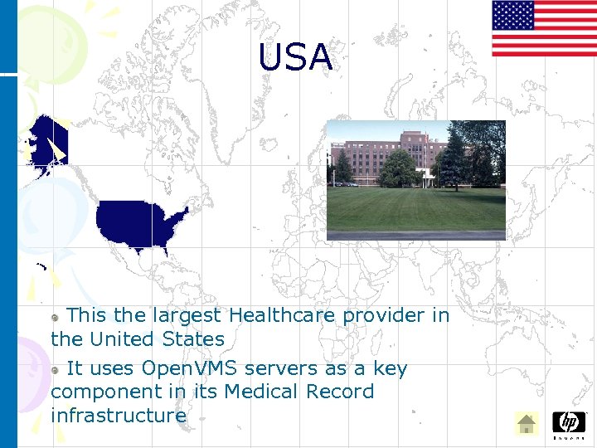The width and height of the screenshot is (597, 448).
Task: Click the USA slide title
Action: [295, 57]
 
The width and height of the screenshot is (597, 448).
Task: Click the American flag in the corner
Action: [544, 28]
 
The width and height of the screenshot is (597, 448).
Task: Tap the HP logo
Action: [569, 423]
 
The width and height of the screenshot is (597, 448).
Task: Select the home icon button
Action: [526, 424]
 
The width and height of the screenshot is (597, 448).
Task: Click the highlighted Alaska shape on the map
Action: [46, 142]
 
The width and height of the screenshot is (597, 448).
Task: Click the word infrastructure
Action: [118, 415]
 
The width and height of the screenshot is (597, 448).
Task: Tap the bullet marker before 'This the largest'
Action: [56, 317]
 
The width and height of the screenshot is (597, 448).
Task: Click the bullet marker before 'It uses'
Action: [56, 369]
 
